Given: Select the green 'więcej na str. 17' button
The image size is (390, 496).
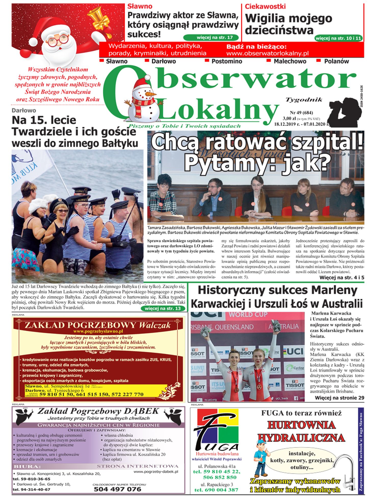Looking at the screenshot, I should click(x=211, y=37).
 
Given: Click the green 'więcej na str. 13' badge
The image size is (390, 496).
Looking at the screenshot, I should click(x=163, y=308).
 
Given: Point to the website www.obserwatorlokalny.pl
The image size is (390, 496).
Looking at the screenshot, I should click(x=267, y=53).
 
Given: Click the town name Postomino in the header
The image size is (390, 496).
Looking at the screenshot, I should click(x=227, y=61).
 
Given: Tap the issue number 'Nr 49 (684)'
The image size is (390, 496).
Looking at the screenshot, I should click(x=301, y=112).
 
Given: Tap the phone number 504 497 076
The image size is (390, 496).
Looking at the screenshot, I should click(x=118, y=489).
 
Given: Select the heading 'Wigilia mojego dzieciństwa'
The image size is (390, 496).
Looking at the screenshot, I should click(x=289, y=24).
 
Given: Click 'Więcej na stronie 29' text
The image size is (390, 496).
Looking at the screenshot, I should click(x=339, y=398).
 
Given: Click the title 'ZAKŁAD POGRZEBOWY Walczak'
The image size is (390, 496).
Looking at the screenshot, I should click(x=98, y=325).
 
